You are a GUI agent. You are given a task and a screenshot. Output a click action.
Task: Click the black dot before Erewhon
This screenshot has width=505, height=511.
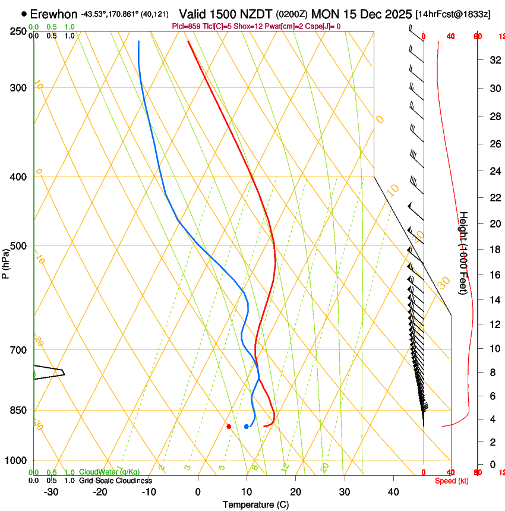coord(24,14)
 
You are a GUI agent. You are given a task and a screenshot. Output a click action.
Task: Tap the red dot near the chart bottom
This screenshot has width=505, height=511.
coord(229,426)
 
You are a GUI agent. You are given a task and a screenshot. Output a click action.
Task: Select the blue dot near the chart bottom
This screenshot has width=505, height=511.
coord(247,426)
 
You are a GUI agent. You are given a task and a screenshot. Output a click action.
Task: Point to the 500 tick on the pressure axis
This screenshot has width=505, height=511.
coord(18,246)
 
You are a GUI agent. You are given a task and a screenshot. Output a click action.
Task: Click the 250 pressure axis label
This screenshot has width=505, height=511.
coord(18,31)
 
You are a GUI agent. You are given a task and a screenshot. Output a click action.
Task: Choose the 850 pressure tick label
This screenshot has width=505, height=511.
coord(18,411)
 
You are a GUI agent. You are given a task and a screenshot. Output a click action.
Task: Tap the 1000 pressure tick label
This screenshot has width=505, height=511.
coord(16,460)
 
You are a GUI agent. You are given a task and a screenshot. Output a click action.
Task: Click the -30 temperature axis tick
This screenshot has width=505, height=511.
coord(51,491)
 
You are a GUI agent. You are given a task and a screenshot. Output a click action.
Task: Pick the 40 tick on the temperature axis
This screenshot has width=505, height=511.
coord(393,491)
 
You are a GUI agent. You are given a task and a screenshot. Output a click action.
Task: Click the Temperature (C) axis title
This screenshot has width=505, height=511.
coord(255,504)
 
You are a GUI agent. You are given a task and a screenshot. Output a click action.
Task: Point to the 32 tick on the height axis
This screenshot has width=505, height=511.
coord(494,59)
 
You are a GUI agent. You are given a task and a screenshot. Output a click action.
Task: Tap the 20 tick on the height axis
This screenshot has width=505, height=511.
coord(494,223)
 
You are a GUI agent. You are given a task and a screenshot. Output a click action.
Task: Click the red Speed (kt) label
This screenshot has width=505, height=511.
coord(452,481)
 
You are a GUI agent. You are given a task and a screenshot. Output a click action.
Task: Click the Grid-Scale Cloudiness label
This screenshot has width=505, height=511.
coord(115,480)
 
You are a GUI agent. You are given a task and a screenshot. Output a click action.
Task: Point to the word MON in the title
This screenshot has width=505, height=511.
coord(323,14)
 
